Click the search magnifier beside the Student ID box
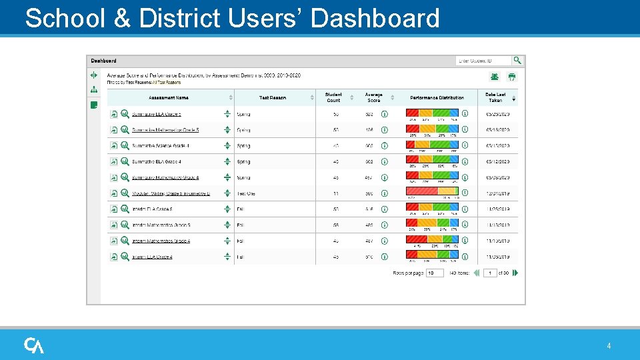tap(517, 61)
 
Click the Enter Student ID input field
tap(483, 61)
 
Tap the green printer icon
tap(511, 77)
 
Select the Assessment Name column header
tap(168, 97)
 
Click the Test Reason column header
tap(272, 97)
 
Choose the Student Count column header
tap(333, 97)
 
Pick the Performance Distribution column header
tap(437, 97)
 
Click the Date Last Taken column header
tap(495, 97)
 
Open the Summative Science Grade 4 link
tap(160, 146)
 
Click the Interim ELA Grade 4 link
tap(152, 257)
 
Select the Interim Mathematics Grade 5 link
tap(161, 225)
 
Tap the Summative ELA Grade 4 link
tap(156, 162)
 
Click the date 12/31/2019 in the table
tap(497, 193)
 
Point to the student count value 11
tap(335, 193)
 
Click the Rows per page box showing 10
tap(435, 273)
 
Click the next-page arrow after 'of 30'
tap(515, 273)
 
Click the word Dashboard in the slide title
tap(375, 18)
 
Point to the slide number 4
tap(609, 346)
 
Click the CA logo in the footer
tap(34, 345)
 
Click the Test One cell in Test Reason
tap(246, 193)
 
